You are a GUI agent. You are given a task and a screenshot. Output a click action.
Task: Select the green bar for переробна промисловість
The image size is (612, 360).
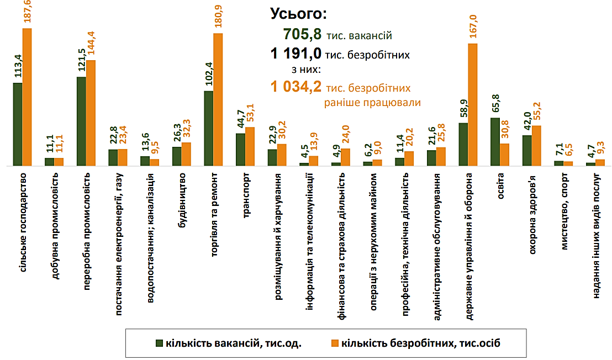point(81,121)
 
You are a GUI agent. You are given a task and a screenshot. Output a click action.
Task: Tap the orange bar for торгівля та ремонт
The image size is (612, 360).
point(218,99)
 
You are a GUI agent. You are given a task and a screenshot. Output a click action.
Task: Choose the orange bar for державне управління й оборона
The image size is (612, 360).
point(473,105)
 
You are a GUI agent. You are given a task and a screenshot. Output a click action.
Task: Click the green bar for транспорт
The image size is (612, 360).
point(240,150)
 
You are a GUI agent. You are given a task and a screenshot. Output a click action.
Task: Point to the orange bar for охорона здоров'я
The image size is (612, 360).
point(536,146)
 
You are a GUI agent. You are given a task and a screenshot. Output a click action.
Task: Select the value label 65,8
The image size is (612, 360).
point(495,104)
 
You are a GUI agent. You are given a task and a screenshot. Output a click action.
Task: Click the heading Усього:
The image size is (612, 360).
point(299,14)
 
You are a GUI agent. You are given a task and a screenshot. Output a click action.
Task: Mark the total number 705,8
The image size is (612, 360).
point(302,35)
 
